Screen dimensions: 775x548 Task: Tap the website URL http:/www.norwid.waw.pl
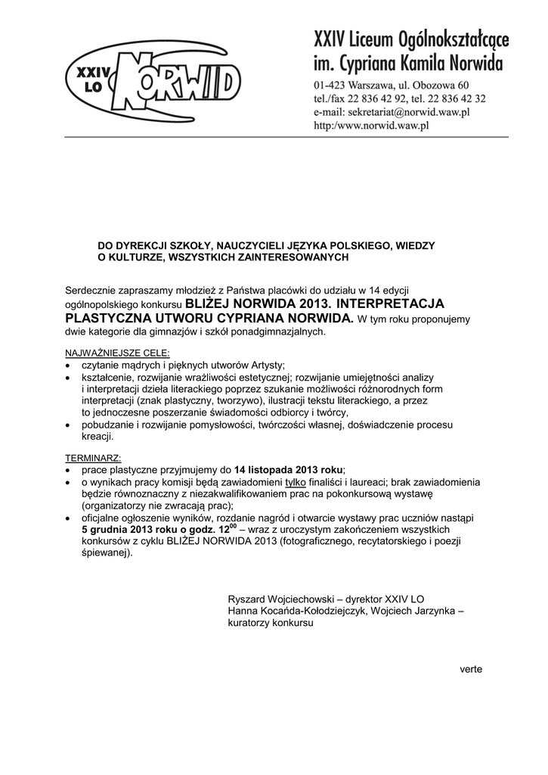click(x=372, y=126)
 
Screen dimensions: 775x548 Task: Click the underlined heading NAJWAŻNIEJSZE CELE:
click(x=118, y=353)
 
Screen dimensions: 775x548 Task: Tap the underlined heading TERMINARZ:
click(x=93, y=459)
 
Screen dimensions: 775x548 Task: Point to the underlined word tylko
click(x=296, y=482)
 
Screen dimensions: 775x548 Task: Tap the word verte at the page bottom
click(x=470, y=669)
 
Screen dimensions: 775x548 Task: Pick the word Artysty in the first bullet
click(x=265, y=365)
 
